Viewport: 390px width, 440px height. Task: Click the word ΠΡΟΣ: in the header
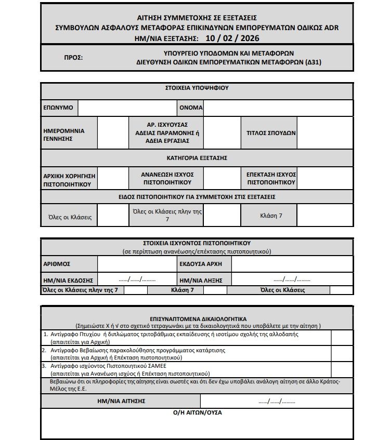click(x=73, y=57)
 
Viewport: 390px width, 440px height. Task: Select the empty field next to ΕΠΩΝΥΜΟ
click(x=127, y=108)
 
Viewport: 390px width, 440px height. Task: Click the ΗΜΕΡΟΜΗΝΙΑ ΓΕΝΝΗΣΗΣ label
click(x=64, y=135)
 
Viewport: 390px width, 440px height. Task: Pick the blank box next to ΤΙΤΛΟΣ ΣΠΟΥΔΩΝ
click(x=324, y=132)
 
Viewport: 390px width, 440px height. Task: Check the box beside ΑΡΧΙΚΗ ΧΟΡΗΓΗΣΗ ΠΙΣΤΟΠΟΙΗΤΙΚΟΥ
click(x=112, y=178)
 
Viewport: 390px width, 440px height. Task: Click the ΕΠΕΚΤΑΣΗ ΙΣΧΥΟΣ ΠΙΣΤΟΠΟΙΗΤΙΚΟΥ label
click(x=271, y=178)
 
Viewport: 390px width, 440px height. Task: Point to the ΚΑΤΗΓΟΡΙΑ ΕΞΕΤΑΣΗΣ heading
click(x=197, y=157)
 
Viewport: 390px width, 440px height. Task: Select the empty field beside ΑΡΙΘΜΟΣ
click(x=136, y=264)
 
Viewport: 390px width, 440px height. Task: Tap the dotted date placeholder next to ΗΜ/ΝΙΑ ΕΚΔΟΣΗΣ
click(x=137, y=279)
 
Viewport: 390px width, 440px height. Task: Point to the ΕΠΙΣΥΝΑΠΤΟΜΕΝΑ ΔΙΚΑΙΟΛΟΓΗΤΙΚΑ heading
click(x=197, y=318)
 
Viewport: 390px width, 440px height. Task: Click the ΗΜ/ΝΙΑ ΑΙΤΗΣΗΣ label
click(x=121, y=401)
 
